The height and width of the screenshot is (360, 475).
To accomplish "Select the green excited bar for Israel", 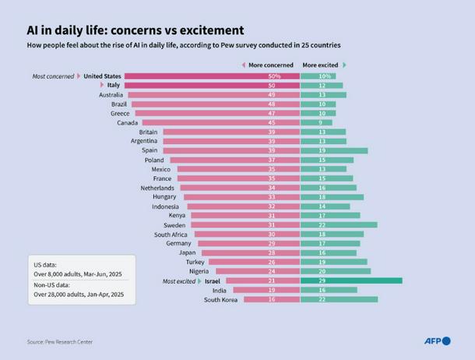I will [x=351, y=281].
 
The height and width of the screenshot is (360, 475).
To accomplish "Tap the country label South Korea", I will [x=220, y=299].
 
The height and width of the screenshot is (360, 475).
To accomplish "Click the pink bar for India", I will [x=266, y=290].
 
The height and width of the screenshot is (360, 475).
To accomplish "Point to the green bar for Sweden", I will [x=339, y=224].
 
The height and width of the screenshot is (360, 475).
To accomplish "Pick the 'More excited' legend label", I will [x=320, y=65].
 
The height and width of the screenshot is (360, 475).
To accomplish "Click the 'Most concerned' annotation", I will [x=54, y=76].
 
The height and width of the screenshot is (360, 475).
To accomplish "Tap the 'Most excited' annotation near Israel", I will [x=179, y=281].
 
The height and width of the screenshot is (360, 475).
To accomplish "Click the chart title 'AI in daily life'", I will [x=135, y=30].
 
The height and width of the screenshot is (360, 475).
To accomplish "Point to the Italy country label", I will [x=113, y=86].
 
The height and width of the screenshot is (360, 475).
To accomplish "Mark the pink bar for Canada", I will [x=218, y=122].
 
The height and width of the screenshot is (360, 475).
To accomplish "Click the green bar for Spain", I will [x=334, y=150].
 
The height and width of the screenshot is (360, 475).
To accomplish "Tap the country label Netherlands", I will [x=157, y=188].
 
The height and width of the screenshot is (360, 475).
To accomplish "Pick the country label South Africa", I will [x=171, y=234].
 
